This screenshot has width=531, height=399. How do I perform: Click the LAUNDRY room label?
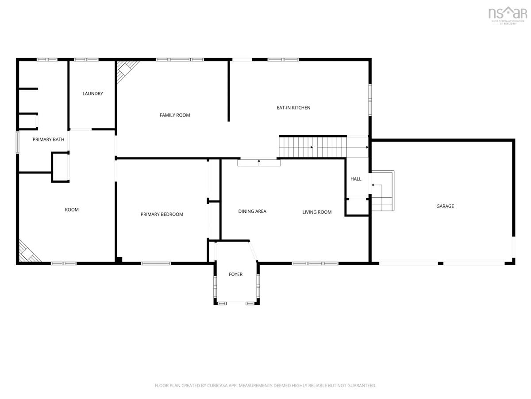92,94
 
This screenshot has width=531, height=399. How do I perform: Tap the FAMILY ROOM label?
175,115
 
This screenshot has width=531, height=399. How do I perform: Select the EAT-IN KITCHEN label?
293,108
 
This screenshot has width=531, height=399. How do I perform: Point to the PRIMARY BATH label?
48,139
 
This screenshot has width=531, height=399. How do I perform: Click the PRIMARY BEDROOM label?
162,214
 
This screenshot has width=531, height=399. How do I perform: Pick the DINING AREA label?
252,211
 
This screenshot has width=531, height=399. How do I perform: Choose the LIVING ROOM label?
317,212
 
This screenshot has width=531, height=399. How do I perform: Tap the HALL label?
356,179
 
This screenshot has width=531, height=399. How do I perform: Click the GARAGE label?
445,206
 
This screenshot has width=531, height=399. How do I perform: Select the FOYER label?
235,274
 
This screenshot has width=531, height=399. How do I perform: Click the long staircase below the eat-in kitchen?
313,147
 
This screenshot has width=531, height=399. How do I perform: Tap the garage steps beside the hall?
382,191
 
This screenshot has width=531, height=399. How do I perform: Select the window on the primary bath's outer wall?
17,142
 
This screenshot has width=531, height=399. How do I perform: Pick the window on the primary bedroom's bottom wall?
156,263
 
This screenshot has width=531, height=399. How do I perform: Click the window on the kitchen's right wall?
370,100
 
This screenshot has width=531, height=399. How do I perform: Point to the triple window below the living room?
315,263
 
